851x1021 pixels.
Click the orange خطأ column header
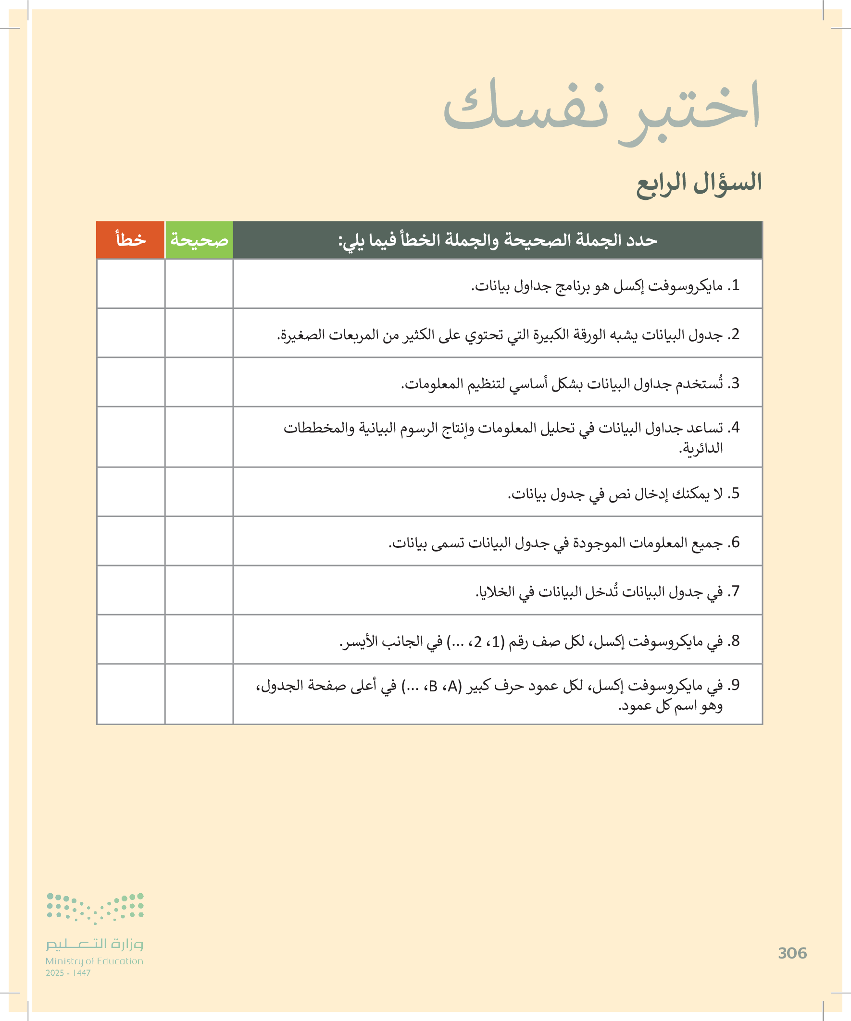130,240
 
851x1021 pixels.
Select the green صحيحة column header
199,240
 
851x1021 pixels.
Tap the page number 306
792,953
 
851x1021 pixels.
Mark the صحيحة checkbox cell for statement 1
199,283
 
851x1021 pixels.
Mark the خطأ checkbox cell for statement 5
130,492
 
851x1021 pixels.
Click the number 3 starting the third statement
735,383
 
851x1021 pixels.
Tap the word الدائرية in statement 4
701,448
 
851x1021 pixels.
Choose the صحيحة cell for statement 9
199,694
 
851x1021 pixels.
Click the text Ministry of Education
94,961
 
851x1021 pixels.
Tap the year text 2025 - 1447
68,973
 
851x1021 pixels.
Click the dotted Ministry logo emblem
95,908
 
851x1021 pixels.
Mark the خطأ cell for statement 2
130,332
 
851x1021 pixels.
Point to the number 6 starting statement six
735,541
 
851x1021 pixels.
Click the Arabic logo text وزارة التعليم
94,944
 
